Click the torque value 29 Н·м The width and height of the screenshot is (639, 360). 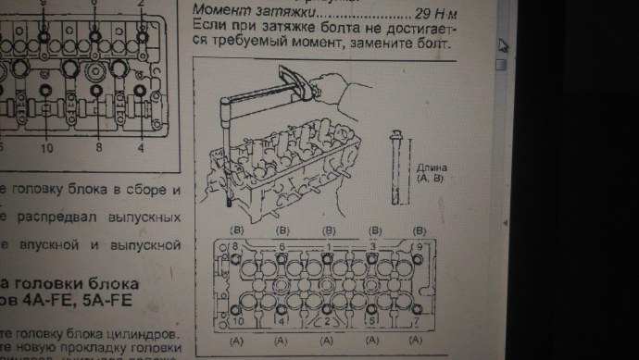429,16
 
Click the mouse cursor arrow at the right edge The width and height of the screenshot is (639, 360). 503,44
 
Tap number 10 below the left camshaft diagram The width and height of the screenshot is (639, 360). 47,147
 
